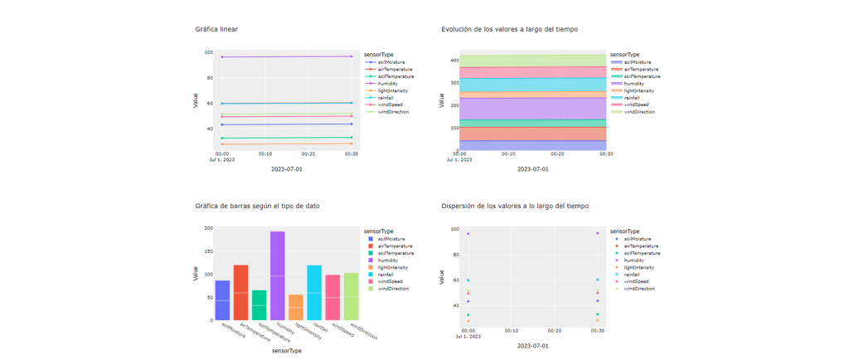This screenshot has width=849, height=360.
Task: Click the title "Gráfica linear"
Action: click(216, 29)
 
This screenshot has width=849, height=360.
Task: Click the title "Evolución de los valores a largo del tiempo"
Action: click(509, 29)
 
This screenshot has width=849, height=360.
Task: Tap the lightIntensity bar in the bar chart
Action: click(296, 307)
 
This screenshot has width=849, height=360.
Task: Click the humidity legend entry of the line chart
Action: click(387, 84)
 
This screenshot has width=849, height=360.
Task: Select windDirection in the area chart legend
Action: click(638, 112)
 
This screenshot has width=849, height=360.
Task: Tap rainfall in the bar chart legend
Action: click(386, 275)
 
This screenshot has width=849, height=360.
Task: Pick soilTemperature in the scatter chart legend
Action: click(642, 253)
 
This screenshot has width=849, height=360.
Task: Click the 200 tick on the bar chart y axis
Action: click(208, 228)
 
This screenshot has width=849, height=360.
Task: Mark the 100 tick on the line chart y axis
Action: click(209, 52)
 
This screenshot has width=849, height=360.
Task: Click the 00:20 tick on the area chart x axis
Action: click(557, 153)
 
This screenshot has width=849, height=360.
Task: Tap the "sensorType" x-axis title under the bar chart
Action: click(287, 351)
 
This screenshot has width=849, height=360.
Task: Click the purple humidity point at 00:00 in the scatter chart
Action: click(468, 234)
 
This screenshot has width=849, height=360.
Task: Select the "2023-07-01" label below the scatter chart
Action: click(532, 346)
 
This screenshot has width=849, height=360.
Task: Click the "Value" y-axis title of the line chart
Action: click(196, 100)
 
